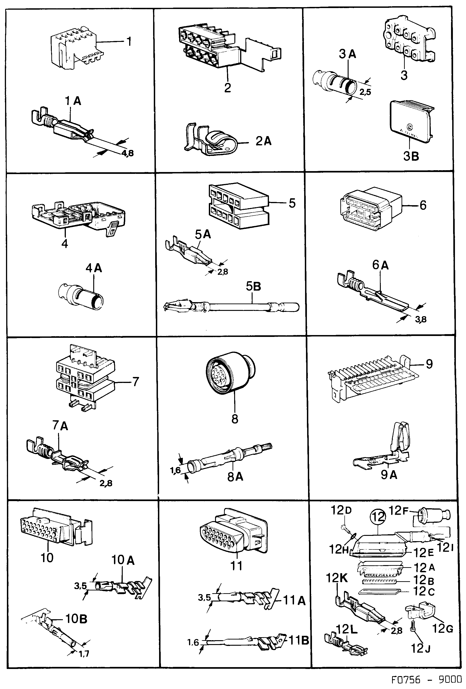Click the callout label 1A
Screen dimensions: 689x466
(73, 101)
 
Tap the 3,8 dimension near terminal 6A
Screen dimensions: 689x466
(421, 319)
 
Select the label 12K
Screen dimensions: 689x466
(337, 578)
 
